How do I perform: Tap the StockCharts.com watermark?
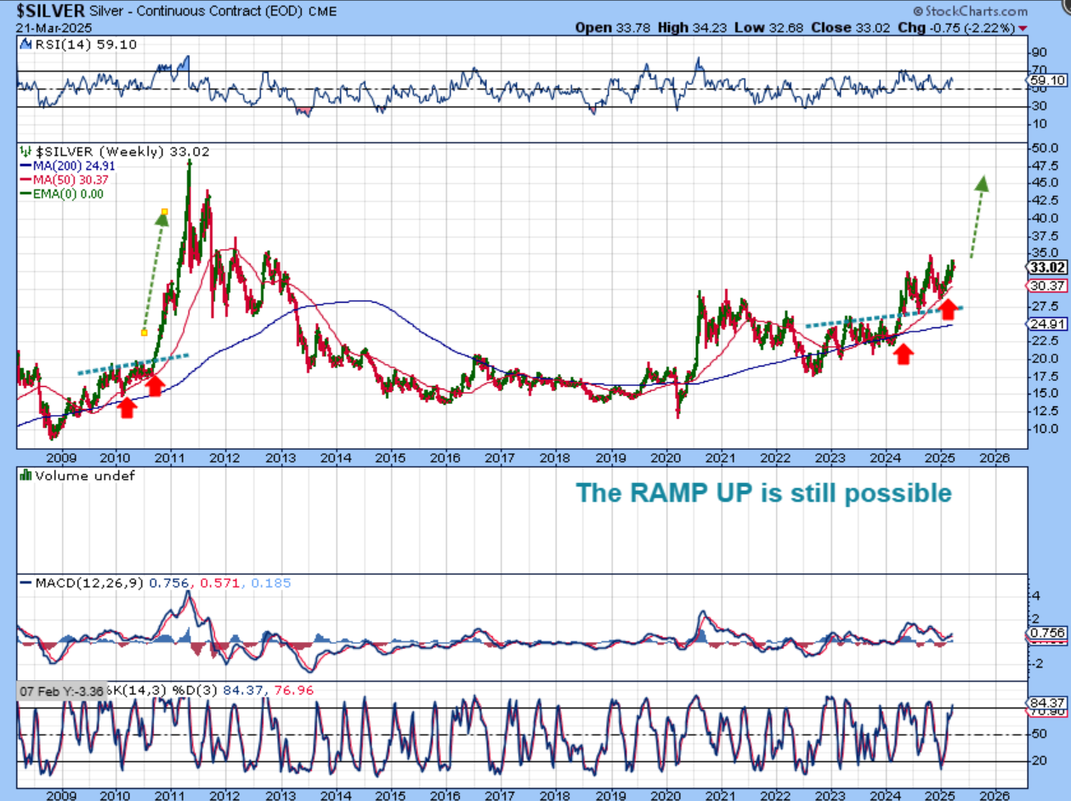point(972,11)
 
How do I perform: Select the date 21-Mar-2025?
point(50,27)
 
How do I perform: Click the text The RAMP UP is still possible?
point(763,493)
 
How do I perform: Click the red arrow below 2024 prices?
point(904,355)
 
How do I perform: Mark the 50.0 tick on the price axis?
point(1041,148)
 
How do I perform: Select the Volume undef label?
point(76,476)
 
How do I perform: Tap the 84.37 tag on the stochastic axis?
point(1051,702)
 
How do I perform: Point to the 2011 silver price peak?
point(189,162)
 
